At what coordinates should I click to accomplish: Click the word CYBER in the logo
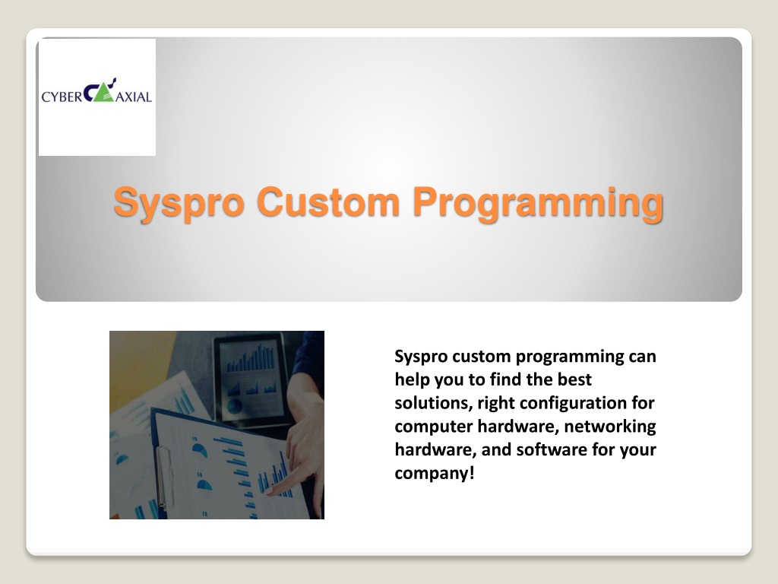click(x=62, y=97)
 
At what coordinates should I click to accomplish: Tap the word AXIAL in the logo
click(x=134, y=97)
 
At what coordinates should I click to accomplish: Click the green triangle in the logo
click(x=103, y=94)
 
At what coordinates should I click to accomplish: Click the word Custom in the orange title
click(x=328, y=202)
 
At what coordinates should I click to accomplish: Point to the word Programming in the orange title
click(x=538, y=203)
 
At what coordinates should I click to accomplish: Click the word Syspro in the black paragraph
click(x=421, y=357)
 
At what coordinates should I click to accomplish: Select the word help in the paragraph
click(x=413, y=380)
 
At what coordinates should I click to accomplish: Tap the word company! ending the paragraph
click(x=435, y=473)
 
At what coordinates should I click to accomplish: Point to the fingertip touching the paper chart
click(x=271, y=492)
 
